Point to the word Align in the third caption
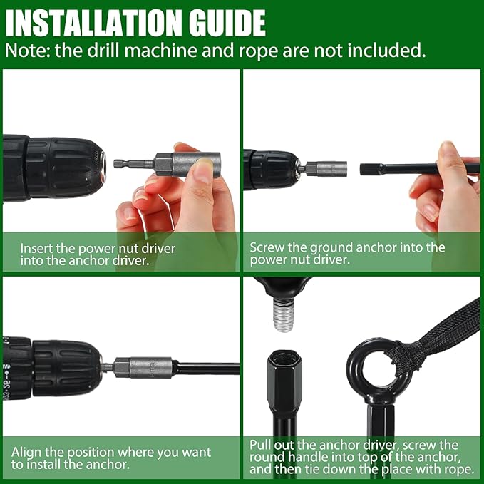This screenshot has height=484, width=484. [x=26, y=453]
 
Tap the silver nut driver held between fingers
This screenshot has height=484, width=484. [x=187, y=165]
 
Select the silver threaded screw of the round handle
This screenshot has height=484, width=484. [x=283, y=316]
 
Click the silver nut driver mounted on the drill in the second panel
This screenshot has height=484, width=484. [x=326, y=169]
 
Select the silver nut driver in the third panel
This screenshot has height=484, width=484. [x=143, y=367]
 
